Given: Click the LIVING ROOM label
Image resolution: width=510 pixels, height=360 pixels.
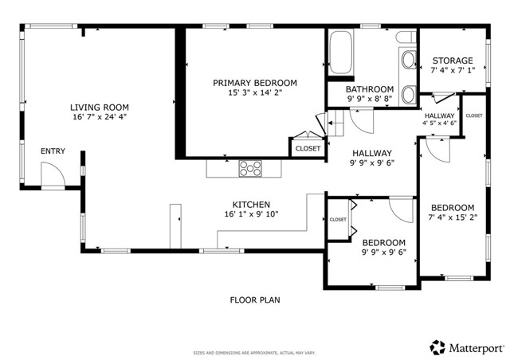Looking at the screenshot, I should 99,108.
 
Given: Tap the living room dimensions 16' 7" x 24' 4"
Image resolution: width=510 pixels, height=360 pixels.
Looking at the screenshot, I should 99,118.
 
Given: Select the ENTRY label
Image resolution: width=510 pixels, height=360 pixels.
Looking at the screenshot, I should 53,151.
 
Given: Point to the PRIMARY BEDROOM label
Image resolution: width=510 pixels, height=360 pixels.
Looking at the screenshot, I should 254,83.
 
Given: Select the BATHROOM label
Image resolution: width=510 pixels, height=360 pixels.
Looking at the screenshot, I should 369,89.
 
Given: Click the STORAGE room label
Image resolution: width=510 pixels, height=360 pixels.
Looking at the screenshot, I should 452,61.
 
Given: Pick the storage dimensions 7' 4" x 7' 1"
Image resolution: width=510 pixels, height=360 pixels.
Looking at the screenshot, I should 452,71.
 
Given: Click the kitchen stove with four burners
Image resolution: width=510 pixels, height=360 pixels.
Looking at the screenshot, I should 251,168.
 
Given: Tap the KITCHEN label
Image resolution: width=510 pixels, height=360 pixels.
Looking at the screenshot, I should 251,204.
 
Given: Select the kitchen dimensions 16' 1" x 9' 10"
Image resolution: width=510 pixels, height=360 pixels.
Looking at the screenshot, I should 251,214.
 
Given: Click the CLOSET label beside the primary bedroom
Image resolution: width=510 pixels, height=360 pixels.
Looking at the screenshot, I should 308,148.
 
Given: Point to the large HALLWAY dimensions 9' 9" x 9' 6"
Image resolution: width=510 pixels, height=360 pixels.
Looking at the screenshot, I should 371,163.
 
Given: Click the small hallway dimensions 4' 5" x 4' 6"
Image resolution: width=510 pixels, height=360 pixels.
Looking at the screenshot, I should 439,123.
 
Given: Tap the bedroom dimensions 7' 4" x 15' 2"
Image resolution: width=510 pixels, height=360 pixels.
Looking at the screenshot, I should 452,217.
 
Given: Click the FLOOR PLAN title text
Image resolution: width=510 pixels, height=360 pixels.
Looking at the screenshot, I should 255,300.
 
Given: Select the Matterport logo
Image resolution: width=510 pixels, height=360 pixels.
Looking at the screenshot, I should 465,346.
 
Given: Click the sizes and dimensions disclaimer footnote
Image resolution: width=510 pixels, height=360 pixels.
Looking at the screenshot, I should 255,352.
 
